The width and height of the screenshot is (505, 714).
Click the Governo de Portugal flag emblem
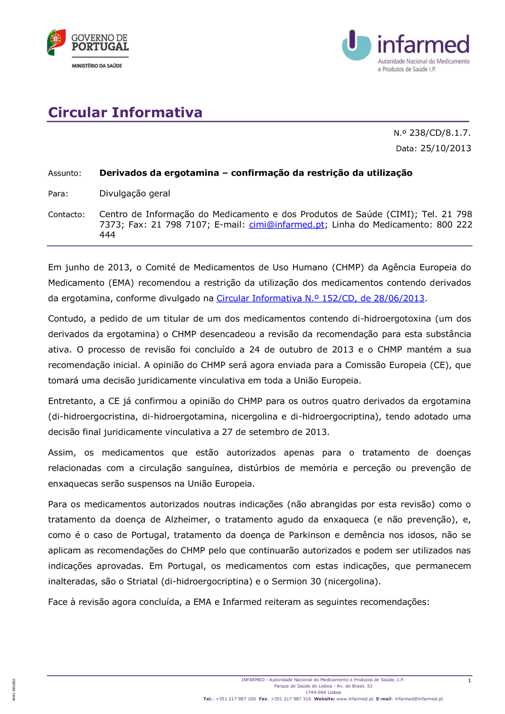[56, 42]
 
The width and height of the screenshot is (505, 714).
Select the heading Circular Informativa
[125, 112]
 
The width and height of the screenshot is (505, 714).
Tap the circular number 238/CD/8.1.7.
[439, 133]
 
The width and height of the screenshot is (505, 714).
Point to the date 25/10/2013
[445, 148]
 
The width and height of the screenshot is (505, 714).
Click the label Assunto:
[64, 173]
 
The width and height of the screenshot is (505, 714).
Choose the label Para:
[58, 194]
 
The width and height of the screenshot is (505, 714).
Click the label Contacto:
[66, 215]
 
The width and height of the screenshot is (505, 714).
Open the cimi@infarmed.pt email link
[286, 225]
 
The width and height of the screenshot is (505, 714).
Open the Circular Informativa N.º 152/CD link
[320, 298]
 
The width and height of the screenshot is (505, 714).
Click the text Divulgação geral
[134, 193]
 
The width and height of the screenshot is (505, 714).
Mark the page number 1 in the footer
[469, 681]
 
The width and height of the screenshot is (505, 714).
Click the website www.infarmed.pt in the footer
[355, 699]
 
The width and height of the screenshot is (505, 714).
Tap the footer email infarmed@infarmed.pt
[419, 699]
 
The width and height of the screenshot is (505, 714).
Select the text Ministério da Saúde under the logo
[97, 66]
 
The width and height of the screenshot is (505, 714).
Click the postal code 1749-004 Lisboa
[323, 692]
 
